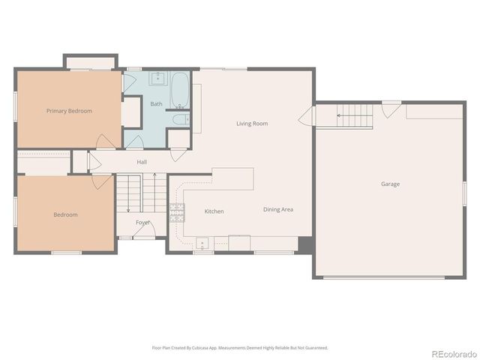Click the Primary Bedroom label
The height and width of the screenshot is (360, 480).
tap(69, 111)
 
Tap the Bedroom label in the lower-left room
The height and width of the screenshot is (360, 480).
tap(65, 214)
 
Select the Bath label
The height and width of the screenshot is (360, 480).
tap(156, 104)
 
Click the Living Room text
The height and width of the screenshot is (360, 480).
tap(252, 123)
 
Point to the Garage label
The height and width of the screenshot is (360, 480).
tap(390, 184)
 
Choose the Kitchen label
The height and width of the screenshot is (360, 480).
tap(214, 211)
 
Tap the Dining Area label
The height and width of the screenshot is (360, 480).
tap(277, 209)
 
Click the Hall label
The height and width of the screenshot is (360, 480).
tap(142, 161)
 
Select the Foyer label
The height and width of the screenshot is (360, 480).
tap(142, 223)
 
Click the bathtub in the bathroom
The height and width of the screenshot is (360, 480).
tap(181, 89)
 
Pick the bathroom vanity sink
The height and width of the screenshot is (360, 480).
tap(158, 77)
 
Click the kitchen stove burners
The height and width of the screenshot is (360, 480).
tap(177, 212)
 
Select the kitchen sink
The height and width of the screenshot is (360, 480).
tap(202, 242)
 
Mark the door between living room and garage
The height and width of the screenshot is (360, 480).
tap(306, 118)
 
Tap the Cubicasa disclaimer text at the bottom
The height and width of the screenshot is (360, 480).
tap(240, 347)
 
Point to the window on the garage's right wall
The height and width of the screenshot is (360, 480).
tap(464, 191)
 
